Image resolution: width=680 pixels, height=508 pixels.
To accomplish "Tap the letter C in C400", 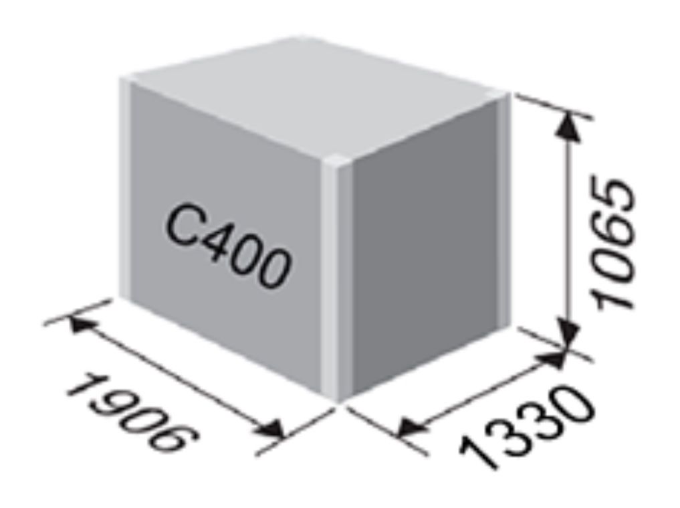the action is [x=182, y=226].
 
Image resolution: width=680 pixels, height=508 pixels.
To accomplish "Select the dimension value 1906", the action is [x=132, y=416].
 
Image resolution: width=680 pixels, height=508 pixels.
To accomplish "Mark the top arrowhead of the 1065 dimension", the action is [x=568, y=124].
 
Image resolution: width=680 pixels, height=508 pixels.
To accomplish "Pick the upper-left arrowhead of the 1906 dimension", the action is [x=82, y=325].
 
